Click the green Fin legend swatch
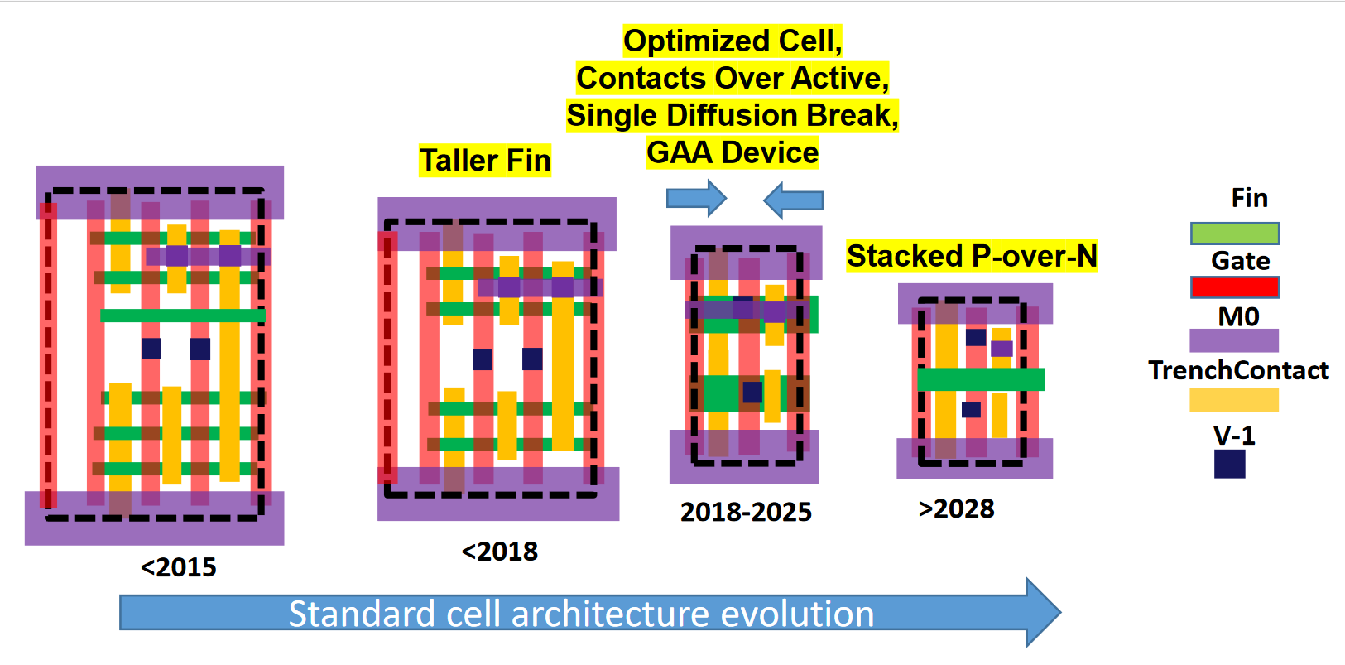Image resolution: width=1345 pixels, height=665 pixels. [1234, 234]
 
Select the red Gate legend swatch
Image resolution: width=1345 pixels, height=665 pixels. [1234, 287]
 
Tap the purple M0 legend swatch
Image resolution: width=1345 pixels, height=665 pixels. [1233, 340]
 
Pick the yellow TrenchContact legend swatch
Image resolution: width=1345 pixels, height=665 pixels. [1233, 400]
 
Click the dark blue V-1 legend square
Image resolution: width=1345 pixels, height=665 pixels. [1229, 464]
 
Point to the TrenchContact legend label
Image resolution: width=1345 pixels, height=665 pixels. [1238, 370]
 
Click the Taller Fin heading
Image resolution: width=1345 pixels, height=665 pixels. [485, 160]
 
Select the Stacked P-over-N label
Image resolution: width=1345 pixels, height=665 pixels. [972, 256]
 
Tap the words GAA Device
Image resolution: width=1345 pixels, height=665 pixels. [733, 152]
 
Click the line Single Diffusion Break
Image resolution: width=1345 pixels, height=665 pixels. [733, 115]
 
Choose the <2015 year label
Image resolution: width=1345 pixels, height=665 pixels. [178, 567]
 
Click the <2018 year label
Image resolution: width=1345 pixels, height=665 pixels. [499, 551]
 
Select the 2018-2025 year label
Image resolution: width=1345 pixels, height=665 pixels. [746, 512]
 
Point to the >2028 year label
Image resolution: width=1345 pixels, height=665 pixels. [956, 508]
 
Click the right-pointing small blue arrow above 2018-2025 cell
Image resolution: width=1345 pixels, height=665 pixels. [696, 199]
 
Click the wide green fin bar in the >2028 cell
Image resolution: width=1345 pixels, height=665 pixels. [981, 379]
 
